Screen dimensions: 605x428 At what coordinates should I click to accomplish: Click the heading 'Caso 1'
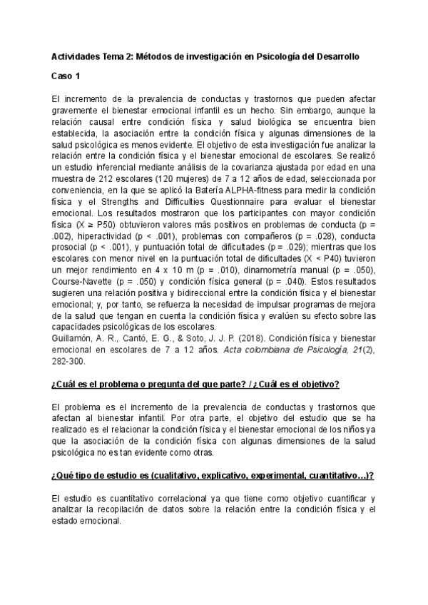[x=66, y=75]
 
